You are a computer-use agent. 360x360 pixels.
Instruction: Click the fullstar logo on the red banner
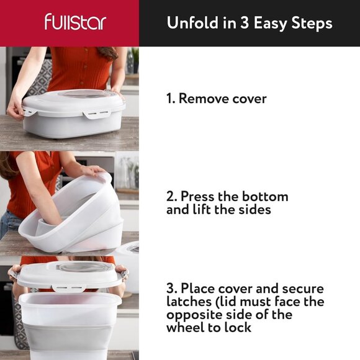click(x=75, y=22)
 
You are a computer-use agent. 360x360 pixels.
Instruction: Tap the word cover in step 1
click(x=250, y=98)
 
